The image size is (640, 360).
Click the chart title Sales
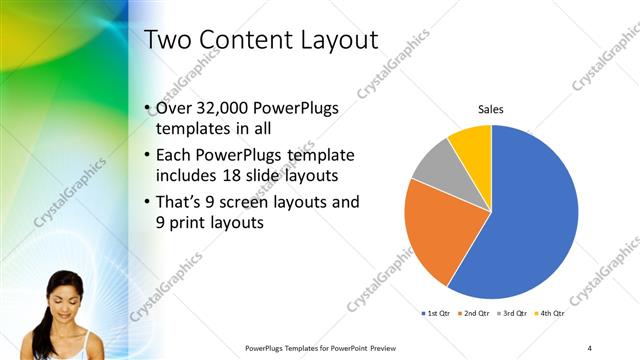490,109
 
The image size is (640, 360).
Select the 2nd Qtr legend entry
472,314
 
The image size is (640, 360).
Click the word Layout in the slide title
332,40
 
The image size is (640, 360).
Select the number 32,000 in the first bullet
227,109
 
